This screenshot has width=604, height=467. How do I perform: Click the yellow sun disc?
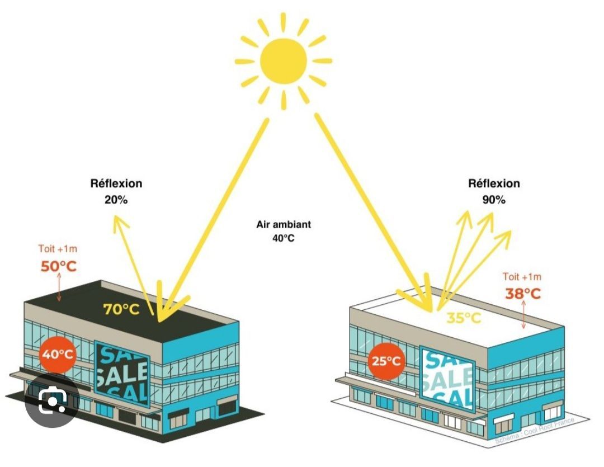(283, 59)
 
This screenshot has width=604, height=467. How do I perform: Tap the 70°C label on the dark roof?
(121, 309)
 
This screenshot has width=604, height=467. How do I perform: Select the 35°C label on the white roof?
(464, 318)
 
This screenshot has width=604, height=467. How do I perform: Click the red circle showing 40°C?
(58, 354)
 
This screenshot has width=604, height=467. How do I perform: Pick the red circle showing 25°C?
(386, 361)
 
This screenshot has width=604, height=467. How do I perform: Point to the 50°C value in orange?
(58, 266)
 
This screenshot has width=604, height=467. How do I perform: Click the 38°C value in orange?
(523, 293)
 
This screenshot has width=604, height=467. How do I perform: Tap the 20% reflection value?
(116, 199)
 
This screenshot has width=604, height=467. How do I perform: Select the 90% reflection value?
(493, 199)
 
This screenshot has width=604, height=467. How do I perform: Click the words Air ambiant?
(284, 225)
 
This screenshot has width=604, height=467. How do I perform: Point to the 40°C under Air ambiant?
(284, 238)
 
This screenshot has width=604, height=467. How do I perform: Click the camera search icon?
(52, 399)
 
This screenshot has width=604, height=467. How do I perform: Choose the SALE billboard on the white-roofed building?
(447, 378)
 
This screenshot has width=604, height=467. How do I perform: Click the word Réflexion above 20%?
(116, 183)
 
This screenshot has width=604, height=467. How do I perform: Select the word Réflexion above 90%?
(494, 183)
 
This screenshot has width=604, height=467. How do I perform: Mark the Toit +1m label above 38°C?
(522, 276)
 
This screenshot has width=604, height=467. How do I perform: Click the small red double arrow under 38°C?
(523, 315)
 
